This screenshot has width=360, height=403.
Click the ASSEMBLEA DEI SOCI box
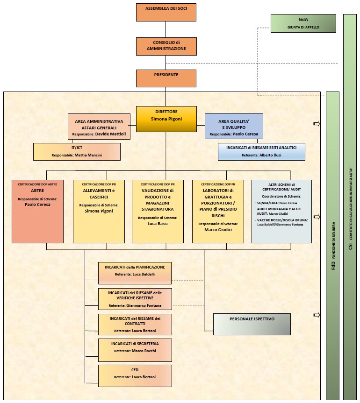166,12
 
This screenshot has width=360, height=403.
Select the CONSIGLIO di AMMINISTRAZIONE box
166,46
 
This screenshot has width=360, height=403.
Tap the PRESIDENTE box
166,78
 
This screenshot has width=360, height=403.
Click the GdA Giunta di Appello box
303,23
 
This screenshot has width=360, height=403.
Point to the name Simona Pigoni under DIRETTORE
166,119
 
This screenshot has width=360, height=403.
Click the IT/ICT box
77,151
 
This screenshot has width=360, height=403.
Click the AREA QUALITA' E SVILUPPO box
234,126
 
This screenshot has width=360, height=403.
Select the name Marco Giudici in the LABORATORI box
218,229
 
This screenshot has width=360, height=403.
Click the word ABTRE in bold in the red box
37,191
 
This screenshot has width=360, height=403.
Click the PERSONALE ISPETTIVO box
252,324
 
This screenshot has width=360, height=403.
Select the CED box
135,375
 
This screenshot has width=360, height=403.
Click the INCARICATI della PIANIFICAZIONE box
135,273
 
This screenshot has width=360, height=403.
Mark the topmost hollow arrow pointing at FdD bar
317,124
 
